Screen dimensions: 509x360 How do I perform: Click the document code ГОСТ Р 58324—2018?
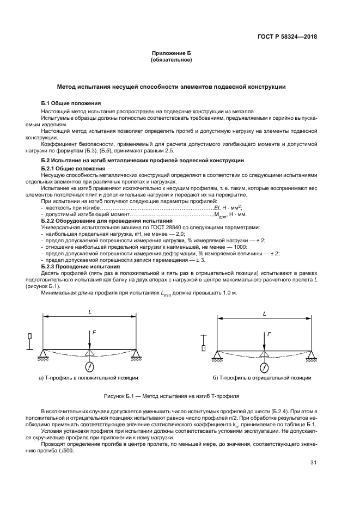click(286, 37)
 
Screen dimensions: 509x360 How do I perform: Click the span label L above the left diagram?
click(89, 311)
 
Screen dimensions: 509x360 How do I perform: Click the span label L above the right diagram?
click(264, 314)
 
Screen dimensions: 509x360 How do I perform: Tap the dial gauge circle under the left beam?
click(89, 365)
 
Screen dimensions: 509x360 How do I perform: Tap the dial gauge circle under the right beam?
click(264, 365)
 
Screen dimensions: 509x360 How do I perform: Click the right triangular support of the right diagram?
click(311, 355)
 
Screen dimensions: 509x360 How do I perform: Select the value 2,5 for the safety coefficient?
click(156, 150)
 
